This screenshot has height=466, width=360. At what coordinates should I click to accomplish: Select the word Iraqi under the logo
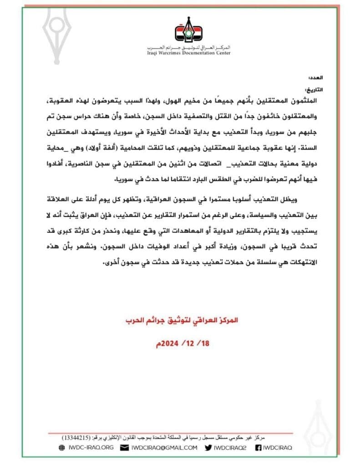click(x=155, y=53)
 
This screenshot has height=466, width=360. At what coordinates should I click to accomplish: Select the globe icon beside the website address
click(x=62, y=448)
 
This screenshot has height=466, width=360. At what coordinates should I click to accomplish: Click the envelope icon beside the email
click(x=124, y=448)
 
